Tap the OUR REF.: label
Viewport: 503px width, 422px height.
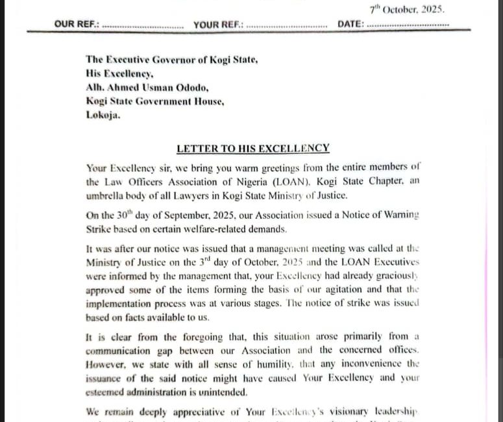click(77, 25)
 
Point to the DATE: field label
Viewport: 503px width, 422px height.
click(351, 25)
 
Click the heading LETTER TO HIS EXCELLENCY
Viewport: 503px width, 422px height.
click(253, 149)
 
